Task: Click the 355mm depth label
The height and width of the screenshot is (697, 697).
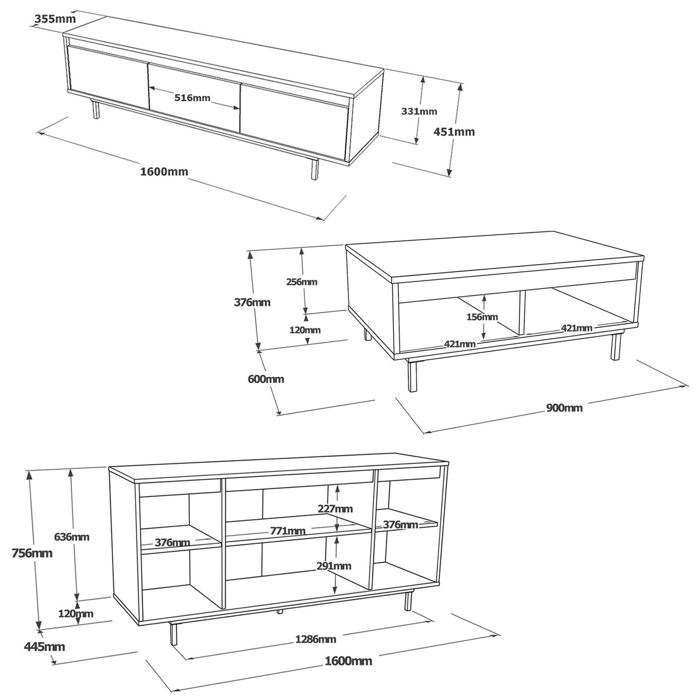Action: pyautogui.click(x=56, y=19)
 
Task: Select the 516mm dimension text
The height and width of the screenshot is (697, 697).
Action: pyautogui.click(x=192, y=97)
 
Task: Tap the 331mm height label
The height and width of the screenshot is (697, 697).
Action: pyautogui.click(x=419, y=112)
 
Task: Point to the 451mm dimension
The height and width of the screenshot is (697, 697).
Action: pyautogui.click(x=454, y=132)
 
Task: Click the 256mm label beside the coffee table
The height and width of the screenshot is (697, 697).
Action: pyautogui.click(x=302, y=282)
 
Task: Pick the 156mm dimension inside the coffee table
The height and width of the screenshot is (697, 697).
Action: pyautogui.click(x=482, y=317)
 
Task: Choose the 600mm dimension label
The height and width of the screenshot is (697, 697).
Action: pyautogui.click(x=266, y=379)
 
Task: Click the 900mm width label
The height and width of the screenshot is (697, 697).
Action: pyautogui.click(x=564, y=408)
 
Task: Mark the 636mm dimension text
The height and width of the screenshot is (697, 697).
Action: pyautogui.click(x=72, y=537)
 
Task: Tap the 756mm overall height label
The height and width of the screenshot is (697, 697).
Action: pyautogui.click(x=32, y=553)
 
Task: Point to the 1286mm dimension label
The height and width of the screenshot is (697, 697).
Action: pyautogui.click(x=316, y=639)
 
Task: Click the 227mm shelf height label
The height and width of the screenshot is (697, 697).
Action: pyautogui.click(x=335, y=509)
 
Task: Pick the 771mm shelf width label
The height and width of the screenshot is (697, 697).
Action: pyautogui.click(x=288, y=531)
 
